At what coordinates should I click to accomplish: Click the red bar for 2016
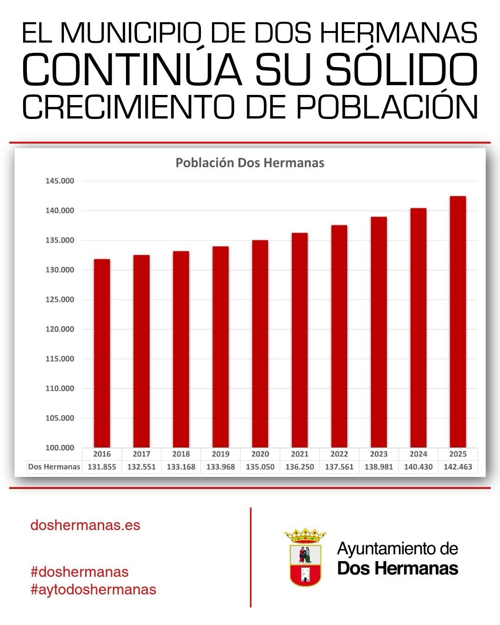click(x=102, y=353)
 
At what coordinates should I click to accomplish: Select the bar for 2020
click(x=260, y=344)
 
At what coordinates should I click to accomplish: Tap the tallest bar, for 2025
click(x=458, y=322)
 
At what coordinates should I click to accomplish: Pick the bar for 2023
click(x=379, y=332)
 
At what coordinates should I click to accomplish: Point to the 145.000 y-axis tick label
click(x=60, y=181)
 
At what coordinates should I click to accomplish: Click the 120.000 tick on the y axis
click(x=60, y=329)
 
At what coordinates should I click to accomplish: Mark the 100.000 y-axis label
click(x=60, y=448)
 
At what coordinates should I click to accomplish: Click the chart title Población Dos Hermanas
click(x=250, y=163)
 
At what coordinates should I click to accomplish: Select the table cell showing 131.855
click(x=102, y=467)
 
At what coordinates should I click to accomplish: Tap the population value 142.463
click(x=458, y=467)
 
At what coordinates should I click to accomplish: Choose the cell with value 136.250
click(x=300, y=467)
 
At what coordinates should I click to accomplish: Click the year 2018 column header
click(x=181, y=454)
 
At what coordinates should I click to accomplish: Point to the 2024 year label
click(x=418, y=454)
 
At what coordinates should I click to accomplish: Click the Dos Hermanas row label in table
click(x=54, y=467)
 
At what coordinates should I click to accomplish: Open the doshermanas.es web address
click(x=85, y=525)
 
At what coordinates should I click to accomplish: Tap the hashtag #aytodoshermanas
click(x=94, y=589)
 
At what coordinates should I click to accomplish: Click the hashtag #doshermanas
click(x=80, y=572)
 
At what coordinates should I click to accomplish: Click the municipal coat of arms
click(x=305, y=558)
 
